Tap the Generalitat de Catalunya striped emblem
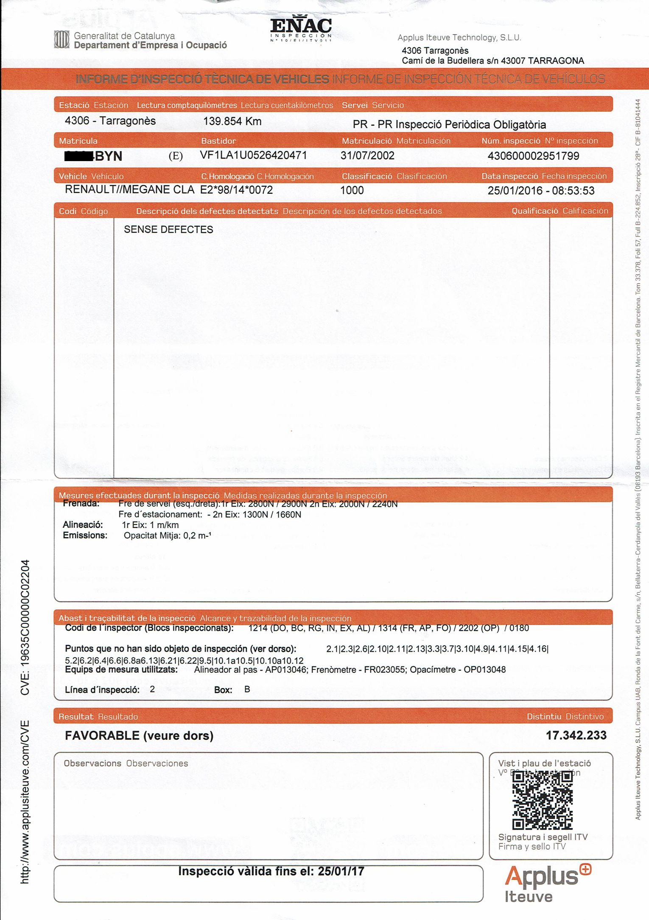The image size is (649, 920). click(62, 40)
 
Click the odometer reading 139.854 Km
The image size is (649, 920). click(232, 121)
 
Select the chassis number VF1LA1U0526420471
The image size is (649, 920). click(253, 155)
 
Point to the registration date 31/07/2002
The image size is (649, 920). click(367, 156)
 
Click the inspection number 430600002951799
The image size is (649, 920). click(533, 156)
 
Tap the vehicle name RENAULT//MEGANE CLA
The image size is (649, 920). click(129, 190)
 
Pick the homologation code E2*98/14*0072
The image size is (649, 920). click(236, 190)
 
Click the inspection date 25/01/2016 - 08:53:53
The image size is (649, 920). click(541, 190)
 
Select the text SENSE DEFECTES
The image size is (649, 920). click(168, 229)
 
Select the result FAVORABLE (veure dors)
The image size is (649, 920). click(139, 736)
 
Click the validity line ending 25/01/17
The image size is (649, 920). click(271, 871)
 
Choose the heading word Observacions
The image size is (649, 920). click(92, 763)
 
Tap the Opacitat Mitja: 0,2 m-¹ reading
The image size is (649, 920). click(168, 535)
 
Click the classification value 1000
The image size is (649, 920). click(352, 190)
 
